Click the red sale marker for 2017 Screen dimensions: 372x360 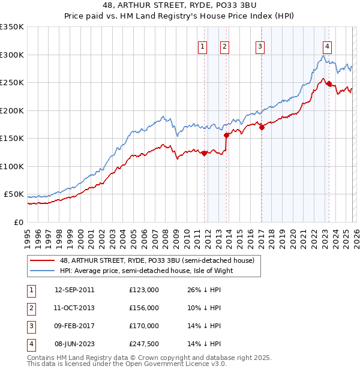click(x=262, y=127)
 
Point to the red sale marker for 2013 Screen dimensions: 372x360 click(x=227, y=135)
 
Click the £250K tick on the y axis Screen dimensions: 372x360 click(x=12, y=83)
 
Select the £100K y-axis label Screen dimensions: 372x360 click(x=12, y=166)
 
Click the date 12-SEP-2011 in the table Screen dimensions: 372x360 click(x=74, y=290)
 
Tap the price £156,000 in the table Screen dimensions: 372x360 click(x=143, y=308)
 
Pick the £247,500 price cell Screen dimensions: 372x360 click(x=143, y=344)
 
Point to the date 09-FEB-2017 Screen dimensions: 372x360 click(x=74, y=326)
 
